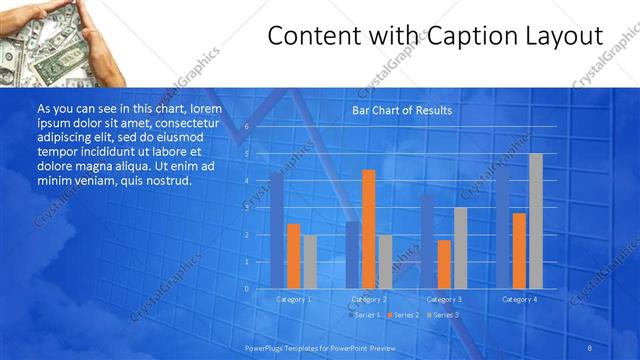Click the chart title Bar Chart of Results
(x=402, y=110)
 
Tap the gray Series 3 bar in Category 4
(x=536, y=220)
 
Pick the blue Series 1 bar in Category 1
(x=277, y=230)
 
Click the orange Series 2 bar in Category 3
(x=444, y=263)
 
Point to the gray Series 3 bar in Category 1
(x=310, y=261)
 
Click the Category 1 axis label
(x=294, y=299)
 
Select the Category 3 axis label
(x=444, y=299)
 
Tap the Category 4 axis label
(x=520, y=299)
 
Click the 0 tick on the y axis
(x=247, y=288)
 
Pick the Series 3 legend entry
(x=442, y=315)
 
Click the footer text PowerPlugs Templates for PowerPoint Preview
(x=320, y=347)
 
